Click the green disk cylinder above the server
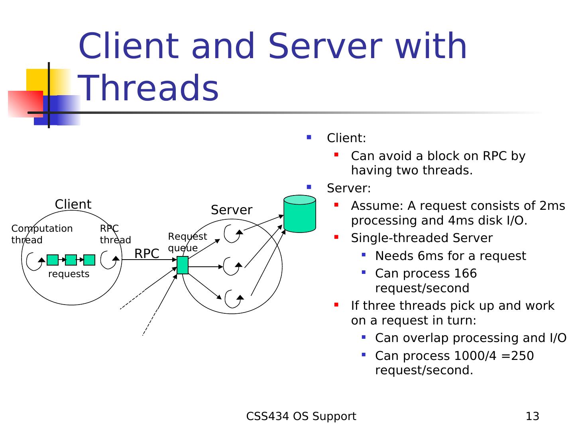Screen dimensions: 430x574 (x=300, y=214)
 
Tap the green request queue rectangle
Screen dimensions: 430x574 (x=183, y=265)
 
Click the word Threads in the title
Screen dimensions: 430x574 (x=149, y=88)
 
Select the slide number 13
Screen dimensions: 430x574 (x=532, y=416)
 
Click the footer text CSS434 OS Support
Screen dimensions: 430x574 (x=301, y=416)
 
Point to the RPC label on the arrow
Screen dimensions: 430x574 (x=147, y=254)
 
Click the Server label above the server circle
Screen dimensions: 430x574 (x=232, y=210)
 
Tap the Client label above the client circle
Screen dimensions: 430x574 (x=73, y=204)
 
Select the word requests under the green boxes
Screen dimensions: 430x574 (x=69, y=274)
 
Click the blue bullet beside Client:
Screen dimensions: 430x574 (x=309, y=138)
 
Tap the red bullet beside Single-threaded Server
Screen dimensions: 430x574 (x=336, y=237)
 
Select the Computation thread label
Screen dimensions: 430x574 (x=42, y=234)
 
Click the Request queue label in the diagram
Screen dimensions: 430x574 (x=187, y=242)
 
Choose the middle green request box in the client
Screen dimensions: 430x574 (x=71, y=260)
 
